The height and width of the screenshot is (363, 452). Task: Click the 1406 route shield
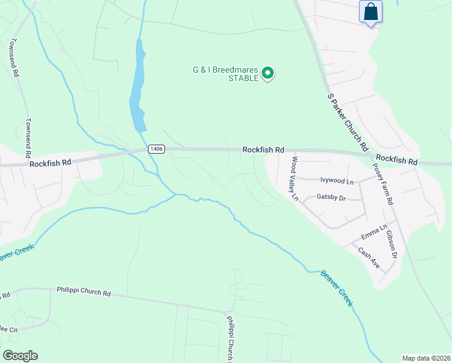(157, 149)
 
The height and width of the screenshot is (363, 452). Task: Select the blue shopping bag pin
(370, 11)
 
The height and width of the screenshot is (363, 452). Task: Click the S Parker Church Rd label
(347, 122)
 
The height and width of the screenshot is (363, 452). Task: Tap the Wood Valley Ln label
(295, 178)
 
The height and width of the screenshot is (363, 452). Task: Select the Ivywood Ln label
(337, 180)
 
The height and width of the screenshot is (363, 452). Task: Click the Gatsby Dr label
(331, 197)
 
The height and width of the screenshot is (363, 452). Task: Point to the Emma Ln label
(373, 232)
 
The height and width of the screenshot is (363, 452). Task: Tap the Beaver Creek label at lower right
(337, 288)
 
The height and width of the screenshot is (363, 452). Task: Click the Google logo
(20, 356)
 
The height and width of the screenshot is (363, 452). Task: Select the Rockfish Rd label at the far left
(50, 162)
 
